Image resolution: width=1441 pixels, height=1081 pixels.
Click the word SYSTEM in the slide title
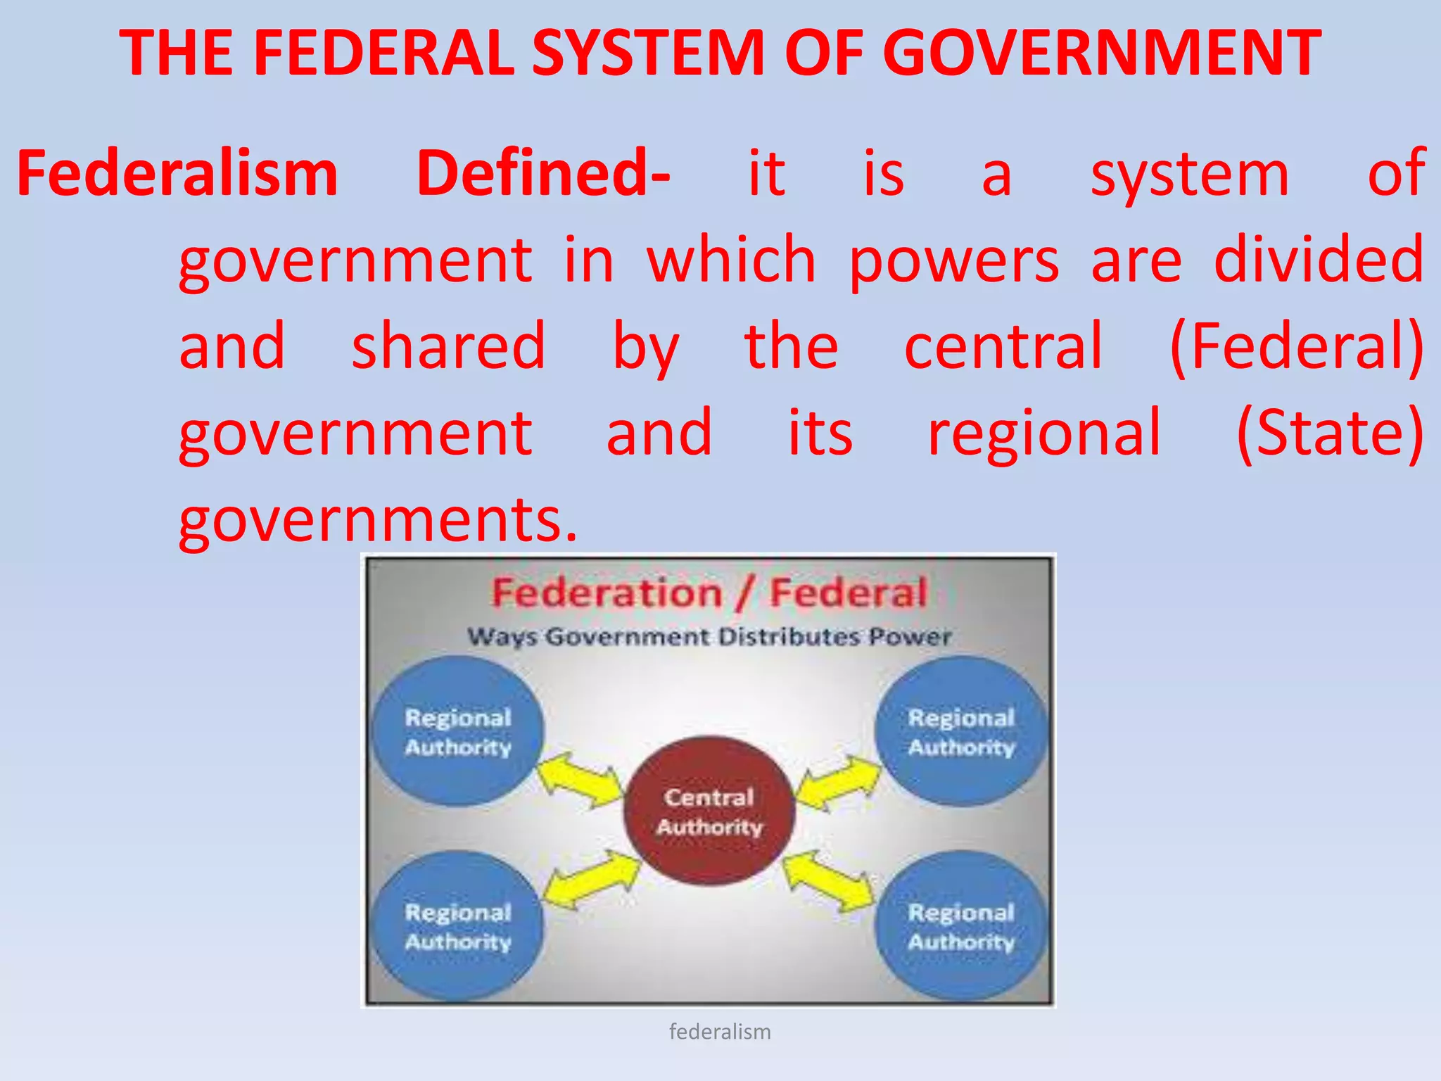click(x=647, y=53)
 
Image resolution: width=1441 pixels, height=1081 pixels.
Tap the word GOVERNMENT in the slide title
click(x=1101, y=53)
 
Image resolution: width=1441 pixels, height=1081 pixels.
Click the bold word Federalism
click(x=177, y=174)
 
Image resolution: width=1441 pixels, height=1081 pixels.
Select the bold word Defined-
click(x=543, y=174)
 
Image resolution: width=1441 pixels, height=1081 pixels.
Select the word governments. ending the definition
click(x=378, y=521)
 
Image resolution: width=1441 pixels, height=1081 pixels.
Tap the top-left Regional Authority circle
click(x=458, y=731)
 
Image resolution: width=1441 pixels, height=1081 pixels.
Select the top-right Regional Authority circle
click(x=961, y=731)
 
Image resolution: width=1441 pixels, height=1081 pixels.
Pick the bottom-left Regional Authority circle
click(x=458, y=926)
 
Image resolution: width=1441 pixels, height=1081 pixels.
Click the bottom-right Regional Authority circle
click(x=961, y=926)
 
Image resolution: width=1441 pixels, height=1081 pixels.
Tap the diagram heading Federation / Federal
click(x=709, y=593)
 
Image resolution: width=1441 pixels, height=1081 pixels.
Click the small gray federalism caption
click(x=720, y=1032)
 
